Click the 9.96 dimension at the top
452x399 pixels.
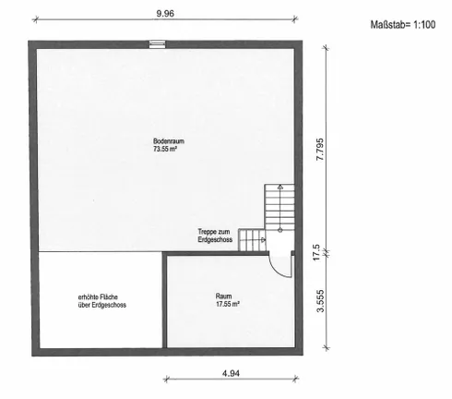pos(165,14)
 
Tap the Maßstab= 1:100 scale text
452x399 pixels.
pos(403,25)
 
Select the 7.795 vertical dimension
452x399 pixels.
pos(320,149)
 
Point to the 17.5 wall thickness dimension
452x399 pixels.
pos(316,252)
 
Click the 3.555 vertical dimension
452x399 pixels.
pos(320,301)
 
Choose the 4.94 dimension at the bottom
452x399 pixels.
pos(231,373)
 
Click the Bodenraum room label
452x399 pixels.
pos(169,141)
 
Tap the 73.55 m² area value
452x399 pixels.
pos(166,150)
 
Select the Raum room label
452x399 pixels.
pos(223,296)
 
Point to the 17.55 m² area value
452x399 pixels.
pos(228,304)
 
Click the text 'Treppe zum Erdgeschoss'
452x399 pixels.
pos(215,236)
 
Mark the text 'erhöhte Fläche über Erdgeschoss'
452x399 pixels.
pos(102,301)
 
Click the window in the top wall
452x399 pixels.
pos(157,44)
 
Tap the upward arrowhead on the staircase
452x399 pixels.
pos(280,187)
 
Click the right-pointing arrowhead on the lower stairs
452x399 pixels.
pos(263,239)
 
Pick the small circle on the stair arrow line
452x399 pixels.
pos(280,230)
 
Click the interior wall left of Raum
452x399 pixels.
pos(164,300)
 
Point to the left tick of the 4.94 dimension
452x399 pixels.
pos(166,379)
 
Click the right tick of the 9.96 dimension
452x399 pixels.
pos(294,19)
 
